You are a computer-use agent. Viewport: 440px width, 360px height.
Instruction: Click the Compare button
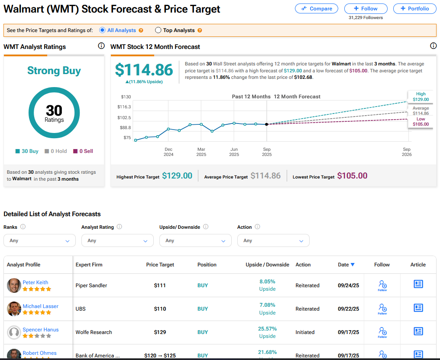316,9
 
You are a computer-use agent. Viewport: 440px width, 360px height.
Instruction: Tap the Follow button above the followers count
366,9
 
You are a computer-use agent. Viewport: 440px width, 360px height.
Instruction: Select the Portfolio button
415,9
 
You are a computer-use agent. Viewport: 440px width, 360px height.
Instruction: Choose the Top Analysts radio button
158,30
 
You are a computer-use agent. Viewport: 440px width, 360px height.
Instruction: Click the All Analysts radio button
103,30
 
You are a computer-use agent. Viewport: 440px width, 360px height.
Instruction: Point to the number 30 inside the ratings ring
54,110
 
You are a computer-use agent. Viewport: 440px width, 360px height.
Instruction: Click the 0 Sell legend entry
83,151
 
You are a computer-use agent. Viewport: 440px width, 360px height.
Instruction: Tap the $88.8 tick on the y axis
126,127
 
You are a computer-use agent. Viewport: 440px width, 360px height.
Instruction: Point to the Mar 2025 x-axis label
201,152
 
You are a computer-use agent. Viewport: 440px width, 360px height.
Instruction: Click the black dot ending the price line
267,124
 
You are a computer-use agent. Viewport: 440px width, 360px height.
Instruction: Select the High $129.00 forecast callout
421,97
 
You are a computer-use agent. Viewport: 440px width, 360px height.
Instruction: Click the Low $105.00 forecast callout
421,122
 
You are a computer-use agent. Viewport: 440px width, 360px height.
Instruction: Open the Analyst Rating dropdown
117,241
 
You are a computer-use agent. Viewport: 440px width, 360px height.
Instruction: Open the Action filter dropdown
273,241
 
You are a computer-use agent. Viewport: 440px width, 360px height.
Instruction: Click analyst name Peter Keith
36,282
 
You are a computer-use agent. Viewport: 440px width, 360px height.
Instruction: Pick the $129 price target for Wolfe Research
160,332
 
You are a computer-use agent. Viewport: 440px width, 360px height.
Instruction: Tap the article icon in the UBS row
418,308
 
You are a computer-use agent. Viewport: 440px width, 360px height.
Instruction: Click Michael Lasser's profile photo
14,309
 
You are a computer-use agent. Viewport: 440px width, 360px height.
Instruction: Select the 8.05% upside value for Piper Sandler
268,282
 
